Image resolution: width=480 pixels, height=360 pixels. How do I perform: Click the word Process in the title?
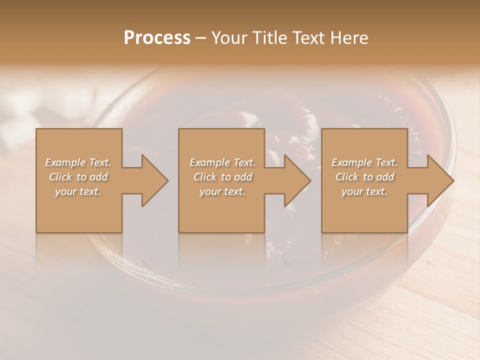pos(157,38)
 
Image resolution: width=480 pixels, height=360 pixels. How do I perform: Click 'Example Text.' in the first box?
pos(78,162)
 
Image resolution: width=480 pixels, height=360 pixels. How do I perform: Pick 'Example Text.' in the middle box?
pos(222,162)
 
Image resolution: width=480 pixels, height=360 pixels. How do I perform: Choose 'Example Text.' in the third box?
pos(364,162)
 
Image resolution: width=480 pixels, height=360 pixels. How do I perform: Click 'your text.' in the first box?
pos(78,191)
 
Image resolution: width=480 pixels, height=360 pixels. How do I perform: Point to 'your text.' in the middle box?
pos(222,191)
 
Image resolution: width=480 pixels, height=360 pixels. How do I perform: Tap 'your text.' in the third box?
pos(364,191)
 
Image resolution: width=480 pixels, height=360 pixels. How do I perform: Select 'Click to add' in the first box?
pos(78,177)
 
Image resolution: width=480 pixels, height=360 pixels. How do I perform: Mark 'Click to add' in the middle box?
pos(222,177)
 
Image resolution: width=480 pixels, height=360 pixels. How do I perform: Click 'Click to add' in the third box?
pos(364,177)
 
